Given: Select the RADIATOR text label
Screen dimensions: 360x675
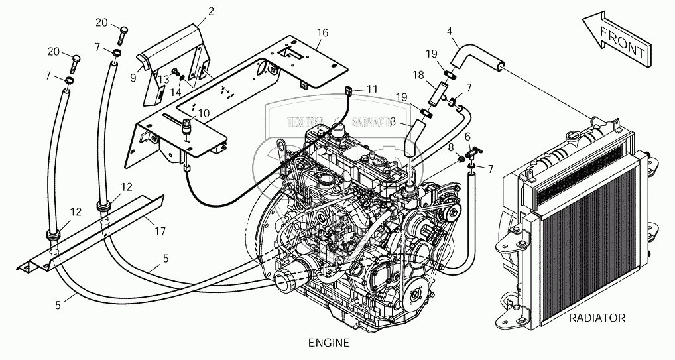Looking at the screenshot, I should point(597,318).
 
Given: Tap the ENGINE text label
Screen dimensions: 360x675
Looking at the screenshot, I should point(329,343).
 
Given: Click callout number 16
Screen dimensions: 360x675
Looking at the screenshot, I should point(322,32).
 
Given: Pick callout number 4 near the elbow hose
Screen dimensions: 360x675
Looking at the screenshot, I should point(450,31).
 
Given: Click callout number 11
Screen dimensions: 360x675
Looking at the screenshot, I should point(371,88).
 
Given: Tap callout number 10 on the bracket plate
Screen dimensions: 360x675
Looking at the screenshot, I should point(204,113).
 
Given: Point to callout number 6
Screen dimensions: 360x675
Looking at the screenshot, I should point(467,137).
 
